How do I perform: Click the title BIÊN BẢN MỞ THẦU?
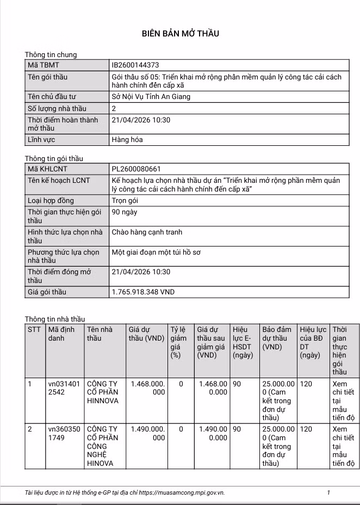pos(180,34)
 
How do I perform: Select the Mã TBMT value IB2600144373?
pos(135,65)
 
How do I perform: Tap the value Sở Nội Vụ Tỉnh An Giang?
pos(151,97)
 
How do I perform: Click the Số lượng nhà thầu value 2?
pos(114,108)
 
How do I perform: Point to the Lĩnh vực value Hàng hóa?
pos(127,140)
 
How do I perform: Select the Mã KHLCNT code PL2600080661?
pos(136,169)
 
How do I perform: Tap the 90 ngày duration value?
pos(124,212)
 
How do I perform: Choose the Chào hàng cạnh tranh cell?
pos(147,232)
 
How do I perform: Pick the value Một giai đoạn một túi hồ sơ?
pos(156,253)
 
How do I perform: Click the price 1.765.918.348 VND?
pos(143,292)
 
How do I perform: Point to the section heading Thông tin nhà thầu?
pos(55,318)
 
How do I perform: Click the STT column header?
pos(34,329)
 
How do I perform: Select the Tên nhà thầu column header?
pos(100,334)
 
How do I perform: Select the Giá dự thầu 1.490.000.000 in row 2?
pos(146,433)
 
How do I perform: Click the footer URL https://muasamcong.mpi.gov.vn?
pos(182,493)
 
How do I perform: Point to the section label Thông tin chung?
pos(51,55)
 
